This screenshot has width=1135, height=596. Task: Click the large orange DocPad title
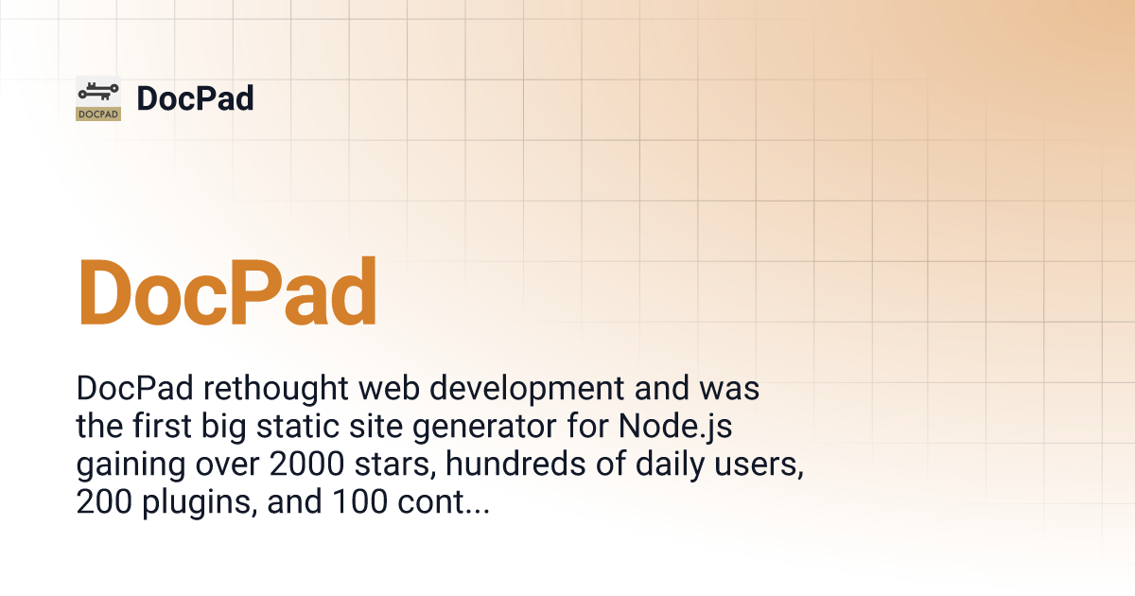[228, 291]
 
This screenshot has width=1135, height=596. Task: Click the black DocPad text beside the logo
[195, 98]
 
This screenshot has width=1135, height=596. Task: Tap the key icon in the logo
[98, 91]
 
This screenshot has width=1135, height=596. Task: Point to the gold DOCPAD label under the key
[98, 114]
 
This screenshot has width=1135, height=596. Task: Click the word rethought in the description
[275, 388]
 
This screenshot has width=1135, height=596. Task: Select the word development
[527, 389]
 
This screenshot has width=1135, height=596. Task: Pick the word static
[297, 426]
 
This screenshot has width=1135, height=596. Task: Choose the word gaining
[131, 465]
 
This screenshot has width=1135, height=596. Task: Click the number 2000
[306, 465]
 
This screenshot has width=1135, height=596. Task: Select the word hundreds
[515, 464]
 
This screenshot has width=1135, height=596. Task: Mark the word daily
[670, 465]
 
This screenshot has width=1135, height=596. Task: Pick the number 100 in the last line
[359, 501]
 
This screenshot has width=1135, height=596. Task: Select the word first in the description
[162, 426]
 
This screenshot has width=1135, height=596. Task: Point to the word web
[389, 388]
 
